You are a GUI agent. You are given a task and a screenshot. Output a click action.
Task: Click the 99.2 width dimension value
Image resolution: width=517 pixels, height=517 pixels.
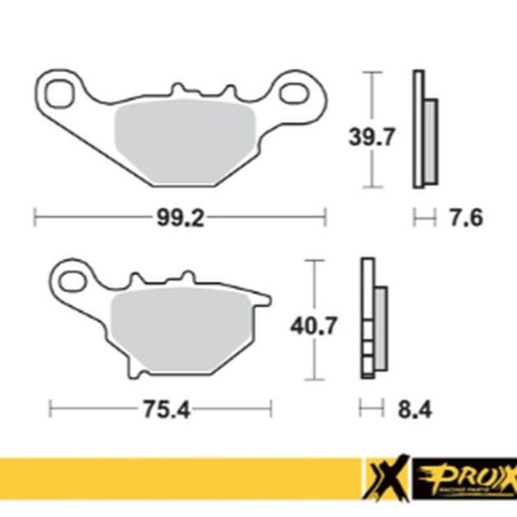179,219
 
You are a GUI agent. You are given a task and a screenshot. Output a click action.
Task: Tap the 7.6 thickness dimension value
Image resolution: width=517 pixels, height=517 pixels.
464,218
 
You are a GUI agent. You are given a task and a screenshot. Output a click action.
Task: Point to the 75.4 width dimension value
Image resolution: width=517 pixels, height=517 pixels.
159,409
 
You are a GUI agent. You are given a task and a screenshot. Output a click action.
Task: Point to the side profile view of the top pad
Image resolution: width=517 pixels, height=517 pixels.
425,129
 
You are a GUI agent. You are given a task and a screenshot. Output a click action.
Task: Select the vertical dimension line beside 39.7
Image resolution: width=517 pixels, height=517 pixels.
372,129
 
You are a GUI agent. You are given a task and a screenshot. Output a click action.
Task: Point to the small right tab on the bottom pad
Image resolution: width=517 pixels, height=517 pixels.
266,301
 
